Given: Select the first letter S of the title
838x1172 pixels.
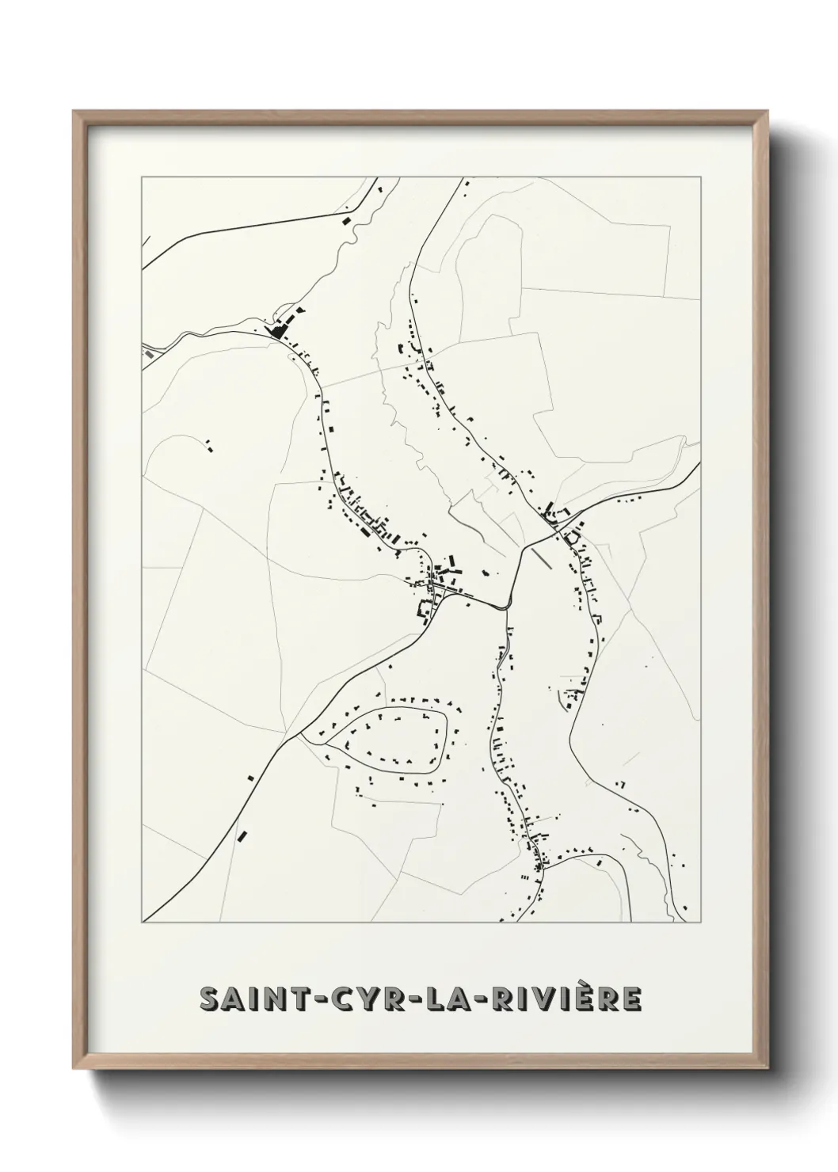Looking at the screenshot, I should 211,999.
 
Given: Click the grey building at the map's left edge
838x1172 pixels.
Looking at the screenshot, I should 147,356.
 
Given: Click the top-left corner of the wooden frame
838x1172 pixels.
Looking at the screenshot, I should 74,112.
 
